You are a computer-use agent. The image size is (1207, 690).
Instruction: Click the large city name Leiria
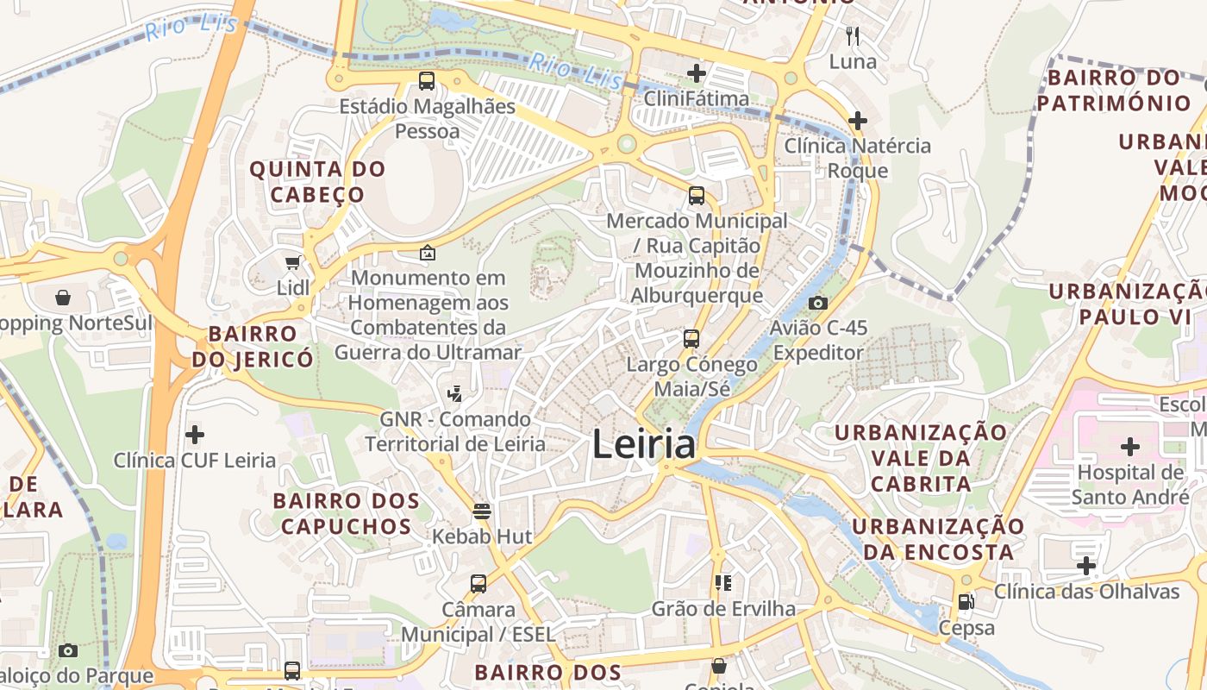click(644, 444)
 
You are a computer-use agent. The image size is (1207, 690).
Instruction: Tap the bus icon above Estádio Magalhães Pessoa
click(427, 82)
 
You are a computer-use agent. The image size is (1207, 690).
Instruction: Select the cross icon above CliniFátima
click(696, 73)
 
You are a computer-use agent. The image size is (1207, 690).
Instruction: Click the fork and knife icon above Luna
click(853, 36)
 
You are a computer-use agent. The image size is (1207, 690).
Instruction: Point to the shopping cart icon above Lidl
click(292, 262)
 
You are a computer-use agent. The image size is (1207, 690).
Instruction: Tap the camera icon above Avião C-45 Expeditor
click(818, 303)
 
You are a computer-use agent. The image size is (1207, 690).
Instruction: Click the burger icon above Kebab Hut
click(482, 511)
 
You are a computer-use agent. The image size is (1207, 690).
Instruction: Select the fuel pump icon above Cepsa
click(966, 602)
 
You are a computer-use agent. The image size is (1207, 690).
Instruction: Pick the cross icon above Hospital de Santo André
click(1129, 447)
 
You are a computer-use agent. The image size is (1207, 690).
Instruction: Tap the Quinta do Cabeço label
click(316, 181)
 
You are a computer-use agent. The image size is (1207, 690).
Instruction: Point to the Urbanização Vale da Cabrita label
click(921, 457)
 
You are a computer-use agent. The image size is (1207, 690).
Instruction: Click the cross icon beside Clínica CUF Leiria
click(195, 435)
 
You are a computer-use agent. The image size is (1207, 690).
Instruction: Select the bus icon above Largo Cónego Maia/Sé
click(691, 338)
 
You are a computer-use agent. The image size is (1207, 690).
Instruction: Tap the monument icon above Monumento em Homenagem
click(427, 253)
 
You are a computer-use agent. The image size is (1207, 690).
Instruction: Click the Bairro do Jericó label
click(253, 346)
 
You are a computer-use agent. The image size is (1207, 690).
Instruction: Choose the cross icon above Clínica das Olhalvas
click(1086, 566)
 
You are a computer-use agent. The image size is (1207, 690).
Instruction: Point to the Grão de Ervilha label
click(723, 609)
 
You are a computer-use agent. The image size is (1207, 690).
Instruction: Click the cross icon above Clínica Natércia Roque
click(857, 120)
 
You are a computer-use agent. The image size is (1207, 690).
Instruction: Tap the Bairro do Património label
click(1113, 91)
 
